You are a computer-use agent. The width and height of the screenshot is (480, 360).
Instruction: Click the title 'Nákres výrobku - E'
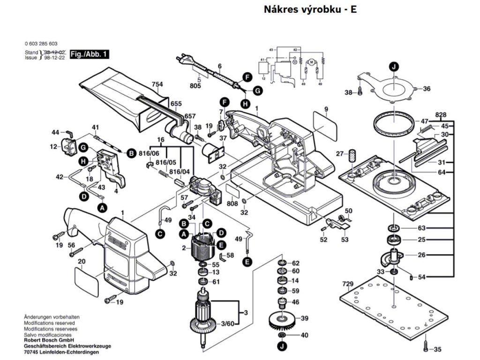tap(310, 9)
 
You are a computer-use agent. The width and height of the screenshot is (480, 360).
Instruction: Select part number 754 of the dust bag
tap(157, 84)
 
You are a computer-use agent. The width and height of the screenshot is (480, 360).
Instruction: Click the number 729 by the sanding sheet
tap(347, 285)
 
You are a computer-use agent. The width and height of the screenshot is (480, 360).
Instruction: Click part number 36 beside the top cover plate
tap(427, 89)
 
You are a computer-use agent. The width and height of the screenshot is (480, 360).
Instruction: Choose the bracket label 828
tap(440, 115)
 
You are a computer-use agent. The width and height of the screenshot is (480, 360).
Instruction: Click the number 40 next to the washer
tap(304, 335)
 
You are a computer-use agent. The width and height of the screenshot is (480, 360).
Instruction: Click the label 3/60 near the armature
tap(228, 323)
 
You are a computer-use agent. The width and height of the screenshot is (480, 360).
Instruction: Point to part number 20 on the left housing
tap(81, 261)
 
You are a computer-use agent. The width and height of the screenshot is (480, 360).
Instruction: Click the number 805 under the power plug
tap(195, 86)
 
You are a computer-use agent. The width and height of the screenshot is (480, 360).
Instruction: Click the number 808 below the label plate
tap(232, 204)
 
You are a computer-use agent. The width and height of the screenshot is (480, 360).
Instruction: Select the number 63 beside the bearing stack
tap(421, 228)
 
